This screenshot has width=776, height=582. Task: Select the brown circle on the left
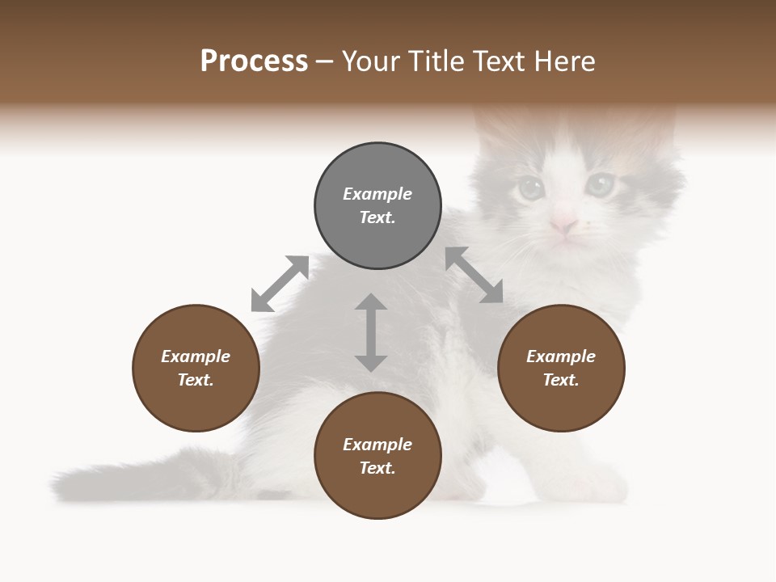tap(196, 368)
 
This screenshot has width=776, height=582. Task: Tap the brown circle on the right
tap(561, 368)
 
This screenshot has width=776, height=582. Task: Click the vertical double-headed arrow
tap(371, 332)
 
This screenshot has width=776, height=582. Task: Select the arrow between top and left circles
tap(280, 284)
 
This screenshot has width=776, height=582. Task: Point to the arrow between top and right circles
tap(474, 275)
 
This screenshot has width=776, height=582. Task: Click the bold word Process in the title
tap(254, 61)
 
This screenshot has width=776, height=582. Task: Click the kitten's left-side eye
tap(530, 188)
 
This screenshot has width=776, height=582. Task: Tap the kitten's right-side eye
tap(600, 184)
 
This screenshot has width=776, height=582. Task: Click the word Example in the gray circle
tap(377, 194)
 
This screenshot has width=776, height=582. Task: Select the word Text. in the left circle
tap(196, 380)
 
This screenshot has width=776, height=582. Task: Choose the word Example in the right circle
tap(561, 356)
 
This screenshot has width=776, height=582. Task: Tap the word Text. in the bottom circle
tap(377, 468)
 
